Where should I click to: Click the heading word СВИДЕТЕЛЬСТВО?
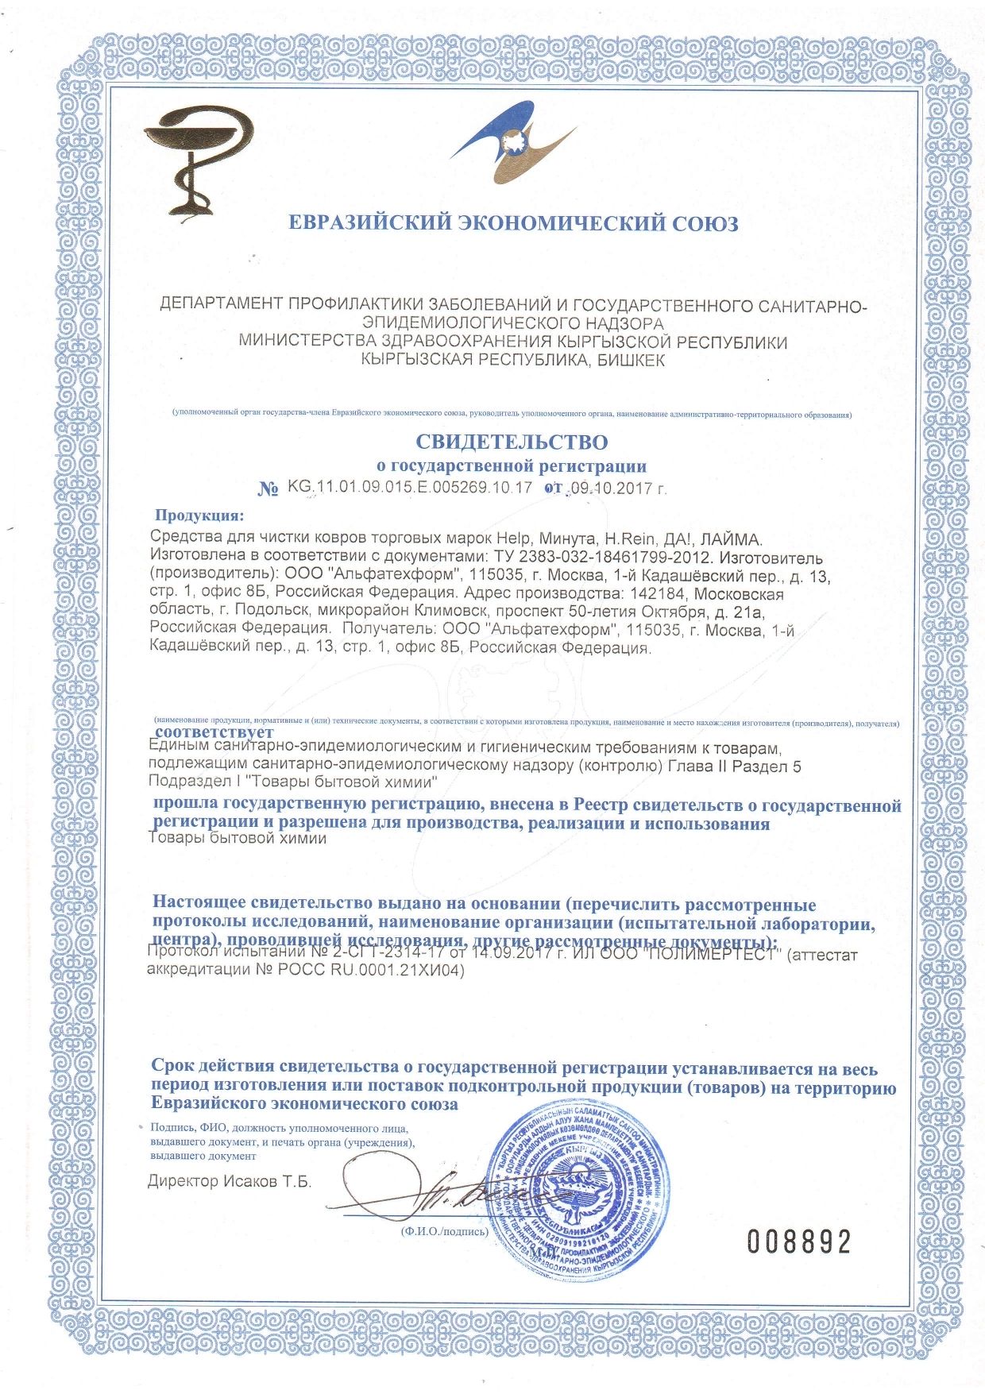[x=512, y=442]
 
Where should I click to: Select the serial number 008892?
[x=798, y=1241]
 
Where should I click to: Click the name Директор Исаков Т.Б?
[x=230, y=1181]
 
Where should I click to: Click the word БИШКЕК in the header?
[x=627, y=360]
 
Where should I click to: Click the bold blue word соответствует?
[x=214, y=732]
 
